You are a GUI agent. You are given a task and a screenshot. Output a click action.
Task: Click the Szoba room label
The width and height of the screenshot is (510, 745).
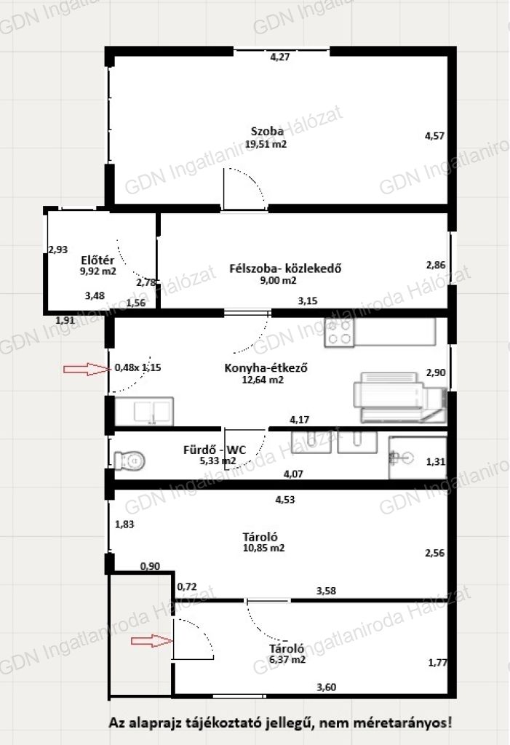click(267, 131)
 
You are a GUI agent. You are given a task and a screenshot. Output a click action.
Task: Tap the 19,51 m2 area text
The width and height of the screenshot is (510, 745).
click(266, 144)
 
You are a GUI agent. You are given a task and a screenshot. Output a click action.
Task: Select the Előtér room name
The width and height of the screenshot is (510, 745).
click(97, 260)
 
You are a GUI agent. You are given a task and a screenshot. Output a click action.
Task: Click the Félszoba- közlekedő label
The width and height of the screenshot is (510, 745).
click(285, 268)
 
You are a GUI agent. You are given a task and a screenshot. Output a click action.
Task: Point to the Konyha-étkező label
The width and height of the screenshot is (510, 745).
click(266, 367)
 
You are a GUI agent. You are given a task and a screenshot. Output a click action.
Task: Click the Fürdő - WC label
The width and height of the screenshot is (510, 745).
click(215, 450)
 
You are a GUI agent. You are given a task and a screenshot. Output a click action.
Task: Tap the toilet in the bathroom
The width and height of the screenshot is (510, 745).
click(130, 461)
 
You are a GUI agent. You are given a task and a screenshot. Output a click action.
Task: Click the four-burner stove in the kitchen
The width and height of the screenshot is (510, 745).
click(339, 332)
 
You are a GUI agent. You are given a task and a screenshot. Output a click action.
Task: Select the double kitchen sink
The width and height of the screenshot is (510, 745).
click(145, 411)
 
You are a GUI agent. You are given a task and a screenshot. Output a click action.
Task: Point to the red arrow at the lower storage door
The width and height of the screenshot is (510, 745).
click(152, 641)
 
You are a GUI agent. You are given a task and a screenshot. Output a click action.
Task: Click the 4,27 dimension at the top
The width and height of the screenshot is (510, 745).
click(280, 57)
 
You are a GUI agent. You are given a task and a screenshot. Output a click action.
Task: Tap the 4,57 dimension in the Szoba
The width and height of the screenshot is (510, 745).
click(434, 136)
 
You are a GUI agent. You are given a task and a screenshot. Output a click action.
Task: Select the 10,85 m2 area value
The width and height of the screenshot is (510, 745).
click(264, 548)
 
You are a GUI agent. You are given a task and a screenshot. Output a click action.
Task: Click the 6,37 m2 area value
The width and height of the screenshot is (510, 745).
click(287, 659)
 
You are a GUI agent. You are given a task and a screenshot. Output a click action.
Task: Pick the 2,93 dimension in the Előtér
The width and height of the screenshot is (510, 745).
click(58, 250)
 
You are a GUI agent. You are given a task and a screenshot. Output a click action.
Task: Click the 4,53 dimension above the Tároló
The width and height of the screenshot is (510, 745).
click(285, 499)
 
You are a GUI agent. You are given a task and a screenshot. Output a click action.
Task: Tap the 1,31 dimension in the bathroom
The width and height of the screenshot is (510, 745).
click(436, 461)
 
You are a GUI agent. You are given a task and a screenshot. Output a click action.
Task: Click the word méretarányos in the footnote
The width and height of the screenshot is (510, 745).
click(414, 723)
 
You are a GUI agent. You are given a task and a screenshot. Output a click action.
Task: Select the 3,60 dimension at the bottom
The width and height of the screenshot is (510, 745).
click(327, 687)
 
